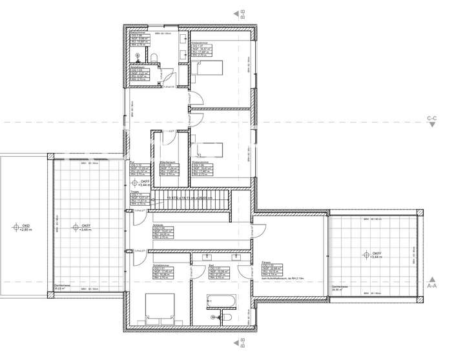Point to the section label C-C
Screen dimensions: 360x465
click(432, 118)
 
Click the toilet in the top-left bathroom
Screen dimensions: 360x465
click(158, 59)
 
